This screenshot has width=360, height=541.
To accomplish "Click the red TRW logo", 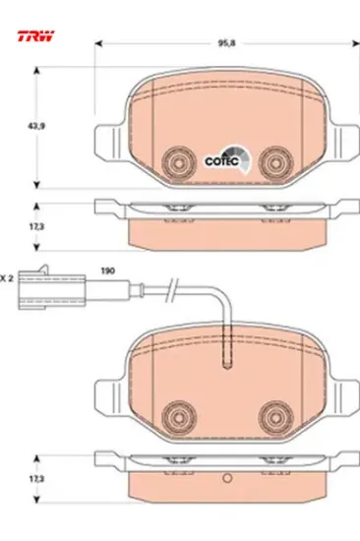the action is click(x=35, y=35).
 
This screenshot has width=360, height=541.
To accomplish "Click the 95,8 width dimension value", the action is click(x=226, y=43).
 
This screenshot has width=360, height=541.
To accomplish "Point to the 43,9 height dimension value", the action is click(x=36, y=126).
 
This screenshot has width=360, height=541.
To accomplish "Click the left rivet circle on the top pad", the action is click(x=179, y=163).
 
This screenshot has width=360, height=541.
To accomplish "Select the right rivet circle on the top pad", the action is click(x=276, y=163).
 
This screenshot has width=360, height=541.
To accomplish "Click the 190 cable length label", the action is click(x=107, y=270).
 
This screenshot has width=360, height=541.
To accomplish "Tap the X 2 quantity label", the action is click(x=7, y=278).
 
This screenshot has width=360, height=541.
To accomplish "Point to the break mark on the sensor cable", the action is click(x=172, y=290).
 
